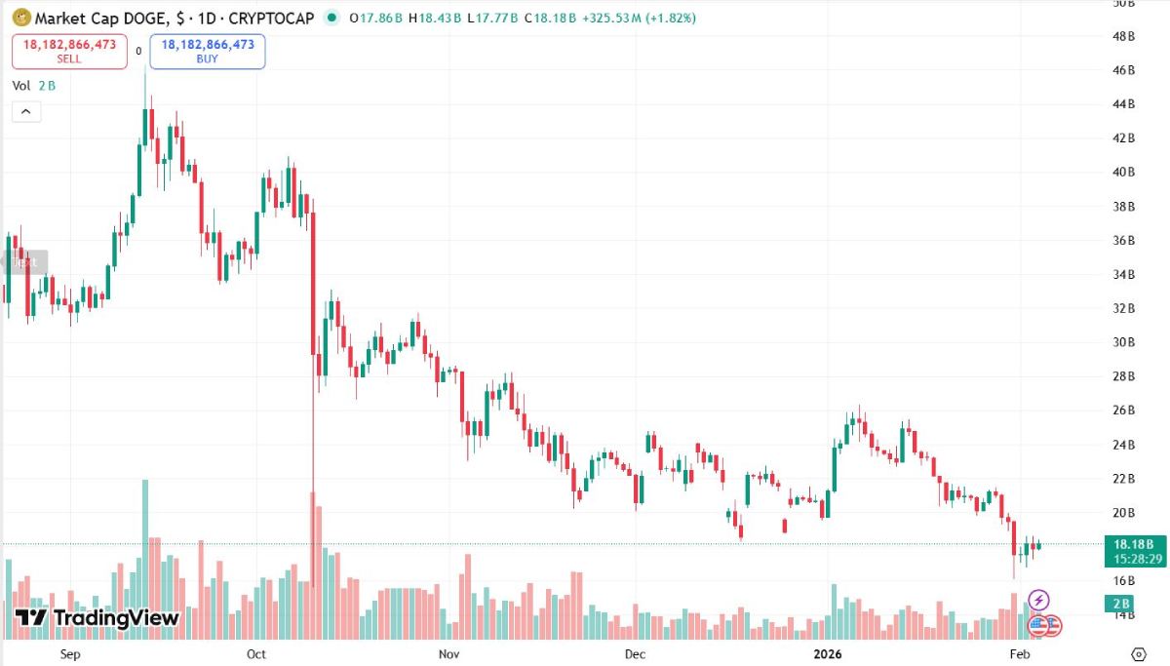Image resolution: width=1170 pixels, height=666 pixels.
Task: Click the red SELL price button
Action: [69, 51]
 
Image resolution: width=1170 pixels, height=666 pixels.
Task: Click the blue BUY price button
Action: [208, 51]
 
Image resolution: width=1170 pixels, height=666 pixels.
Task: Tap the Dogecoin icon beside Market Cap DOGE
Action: [20, 18]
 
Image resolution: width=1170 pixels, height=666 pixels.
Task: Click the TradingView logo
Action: [97, 617]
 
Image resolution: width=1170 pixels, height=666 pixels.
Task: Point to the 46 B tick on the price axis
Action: [1123, 70]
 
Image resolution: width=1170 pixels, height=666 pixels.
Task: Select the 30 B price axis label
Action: [1123, 342]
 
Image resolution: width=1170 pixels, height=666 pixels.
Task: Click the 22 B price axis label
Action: [1123, 479]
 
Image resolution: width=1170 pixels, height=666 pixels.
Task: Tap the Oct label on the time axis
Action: [256, 653]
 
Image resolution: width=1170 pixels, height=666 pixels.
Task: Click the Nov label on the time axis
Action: [448, 653]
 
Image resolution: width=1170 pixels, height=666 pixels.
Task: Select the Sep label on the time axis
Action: [70, 653]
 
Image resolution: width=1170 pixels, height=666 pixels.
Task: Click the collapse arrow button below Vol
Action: [26, 111]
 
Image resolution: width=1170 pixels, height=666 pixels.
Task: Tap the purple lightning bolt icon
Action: [1039, 600]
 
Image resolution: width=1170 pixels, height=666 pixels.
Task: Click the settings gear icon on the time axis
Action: [1138, 653]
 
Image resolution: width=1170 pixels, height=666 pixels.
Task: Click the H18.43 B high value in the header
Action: [434, 18]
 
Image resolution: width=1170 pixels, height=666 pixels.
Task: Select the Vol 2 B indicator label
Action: [34, 86]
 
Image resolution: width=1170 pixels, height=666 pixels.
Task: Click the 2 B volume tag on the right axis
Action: [1123, 604]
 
